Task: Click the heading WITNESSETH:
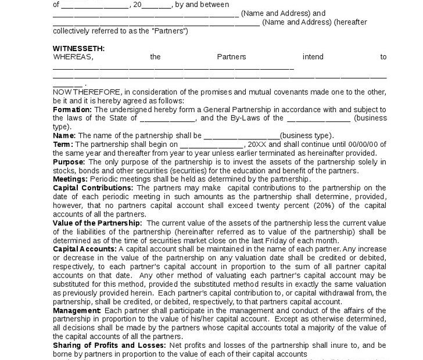[79, 48]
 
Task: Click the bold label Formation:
[72, 109]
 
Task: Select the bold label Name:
[64, 135]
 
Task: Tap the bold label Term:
[63, 144]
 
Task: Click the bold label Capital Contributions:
[93, 188]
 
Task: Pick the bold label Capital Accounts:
[85, 249]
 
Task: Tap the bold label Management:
[77, 310]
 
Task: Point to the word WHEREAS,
[73, 57]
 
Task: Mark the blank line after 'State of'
[168, 118]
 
